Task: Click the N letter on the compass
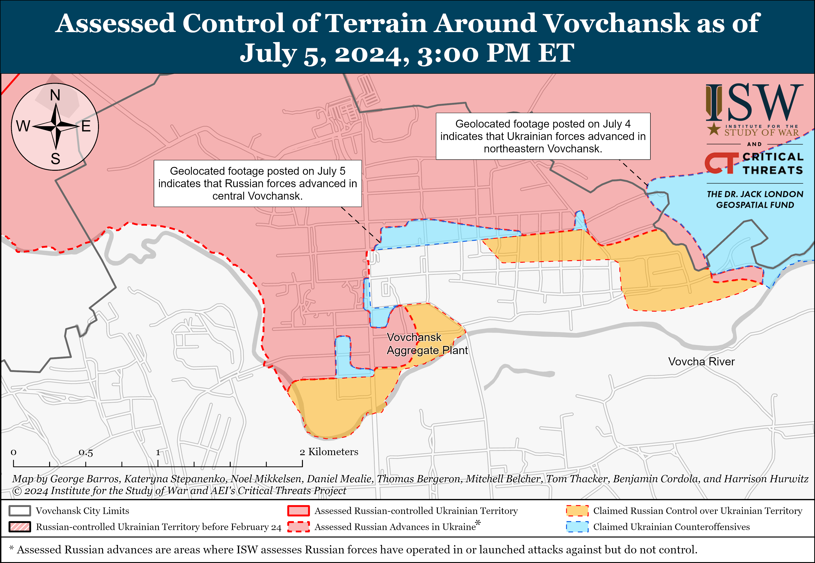tap(55, 95)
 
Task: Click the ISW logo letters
tap(754, 103)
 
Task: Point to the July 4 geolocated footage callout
tap(543, 136)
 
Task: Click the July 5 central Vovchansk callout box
tap(257, 183)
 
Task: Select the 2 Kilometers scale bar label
tap(329, 452)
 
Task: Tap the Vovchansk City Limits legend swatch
tap(20, 511)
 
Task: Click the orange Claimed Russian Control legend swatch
tap(577, 511)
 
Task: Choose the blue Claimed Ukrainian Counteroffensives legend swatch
tap(577, 527)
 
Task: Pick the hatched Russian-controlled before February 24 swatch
tap(20, 527)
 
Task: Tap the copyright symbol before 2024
tap(17, 491)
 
